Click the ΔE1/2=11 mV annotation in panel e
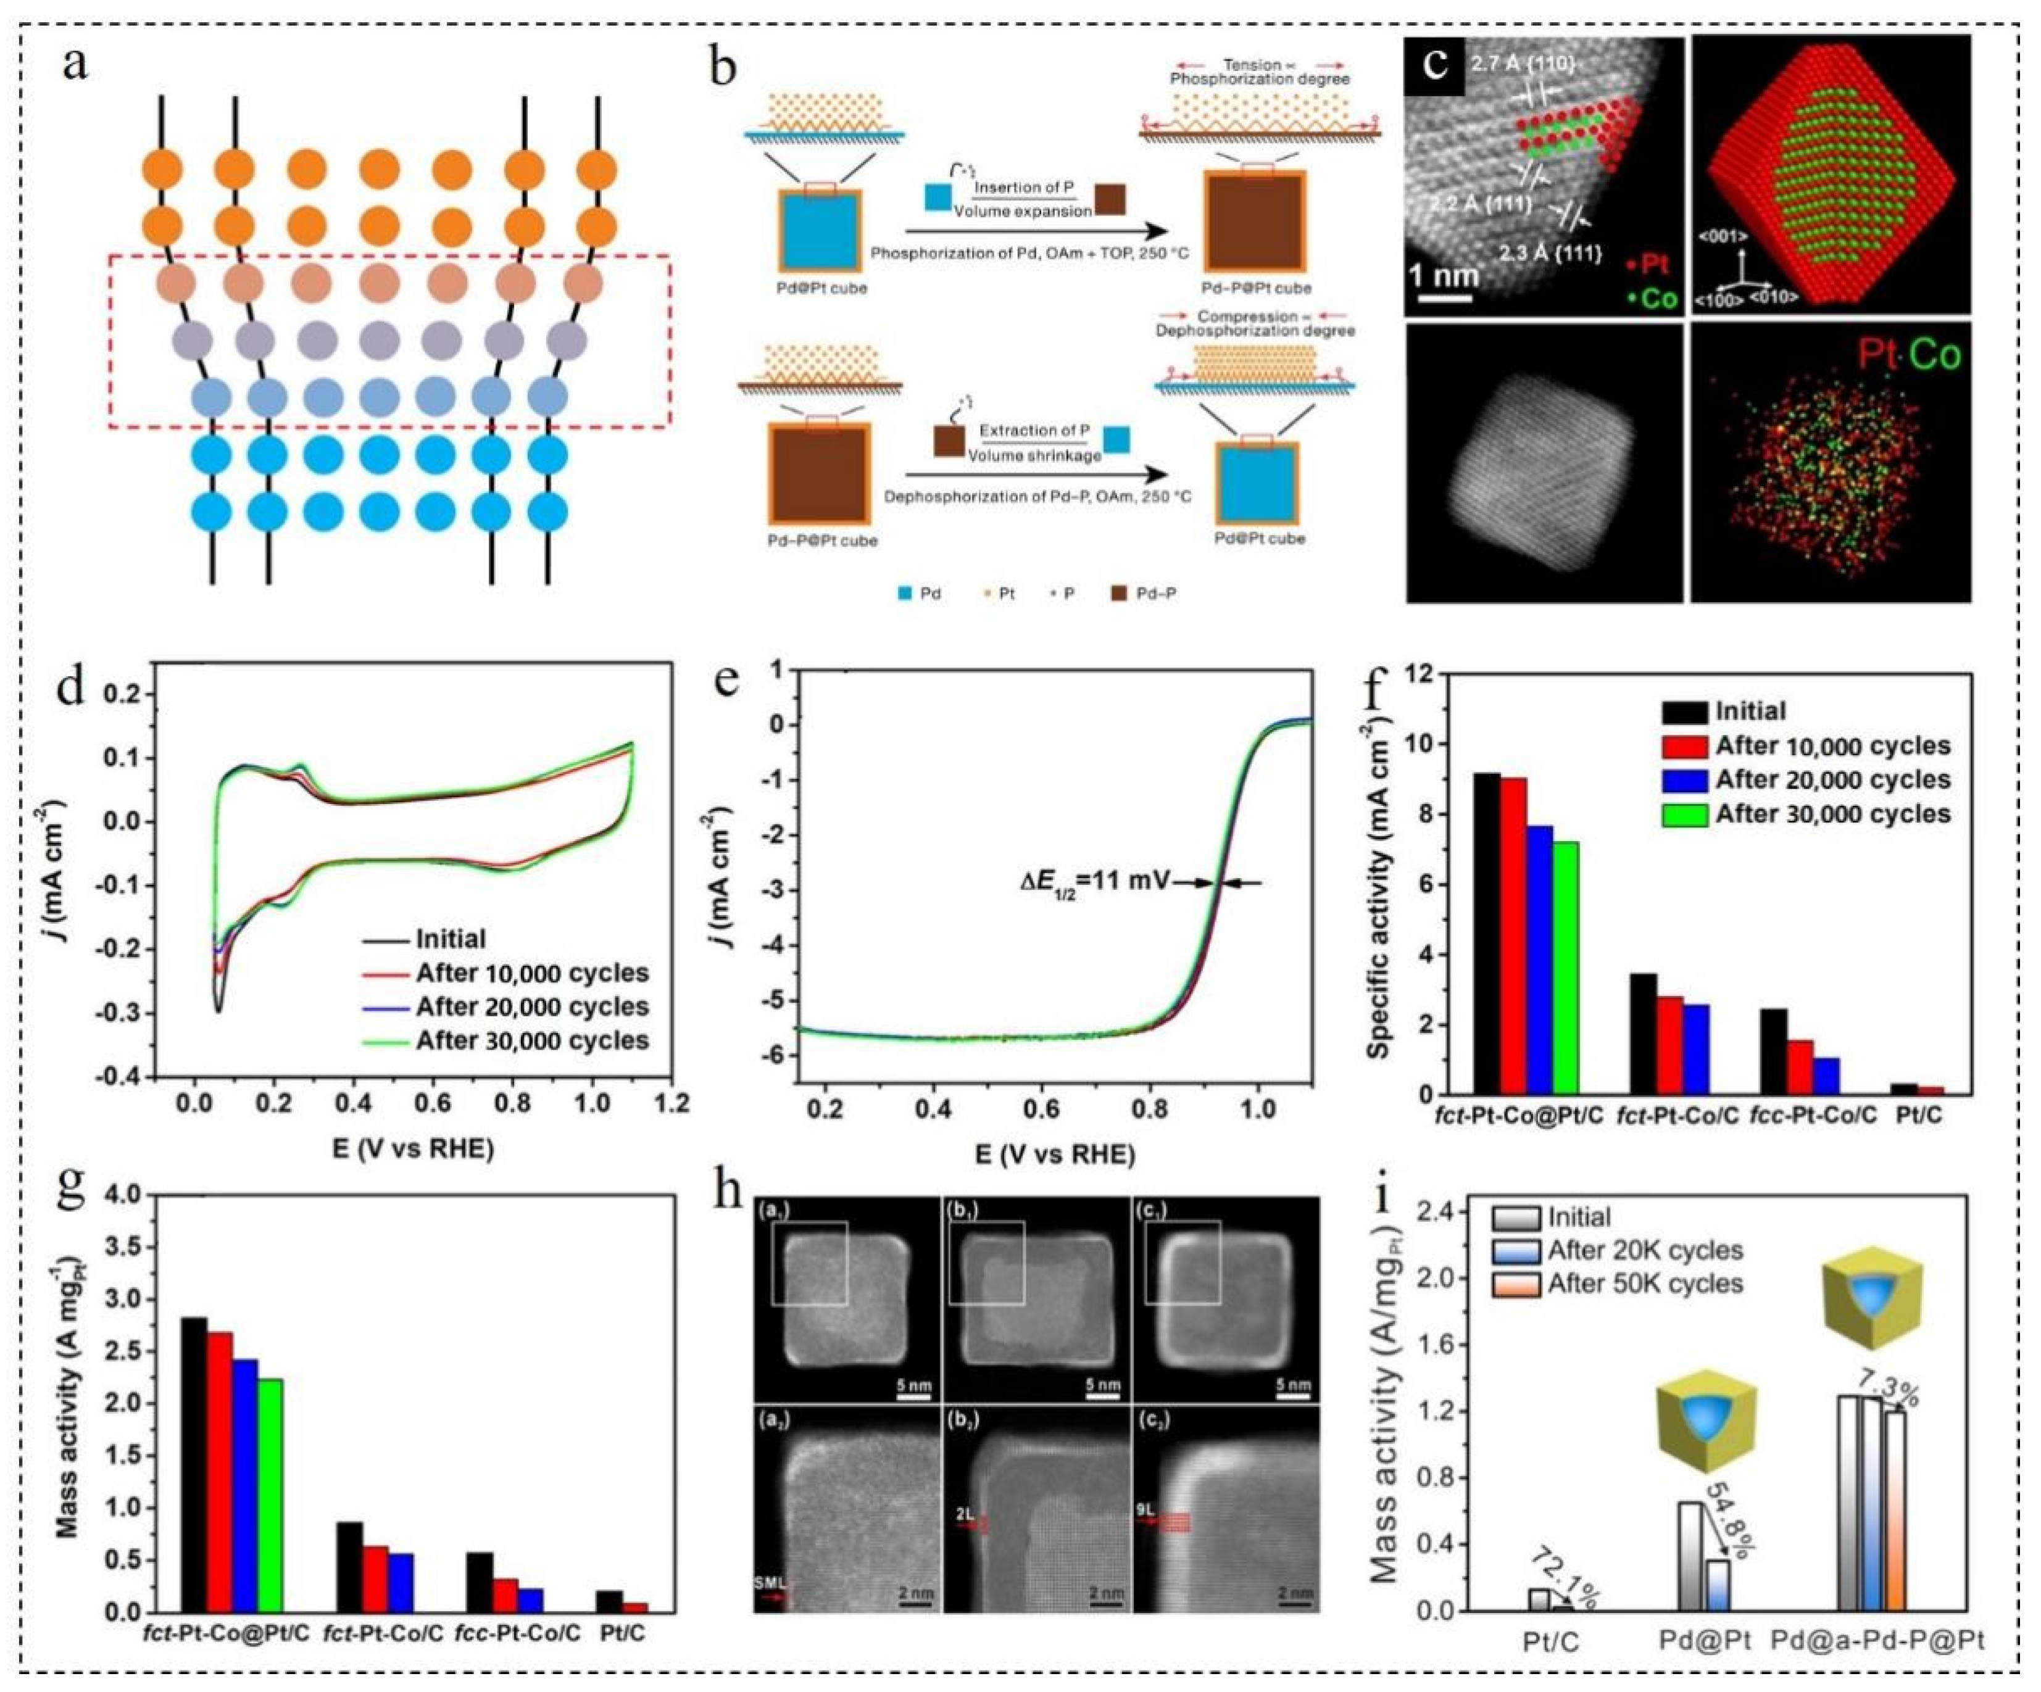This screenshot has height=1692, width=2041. [x=1089, y=882]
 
